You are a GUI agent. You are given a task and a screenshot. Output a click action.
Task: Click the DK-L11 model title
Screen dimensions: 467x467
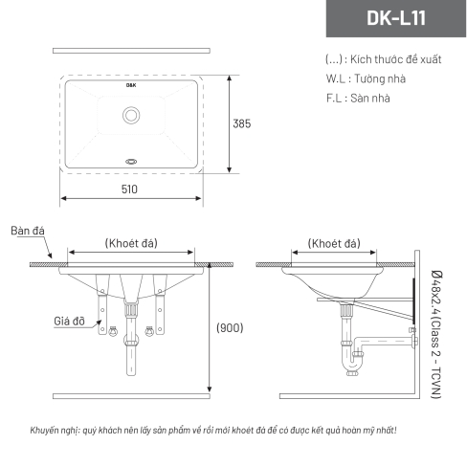pos(396,18)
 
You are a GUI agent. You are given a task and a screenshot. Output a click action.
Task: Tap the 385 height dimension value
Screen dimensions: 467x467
pos(242,123)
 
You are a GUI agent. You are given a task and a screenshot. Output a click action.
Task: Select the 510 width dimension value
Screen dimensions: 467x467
pos(129,189)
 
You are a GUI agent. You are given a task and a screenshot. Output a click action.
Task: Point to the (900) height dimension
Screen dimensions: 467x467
pos(230,328)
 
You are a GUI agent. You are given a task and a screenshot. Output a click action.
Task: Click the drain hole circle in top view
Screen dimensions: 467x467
pos(131,115)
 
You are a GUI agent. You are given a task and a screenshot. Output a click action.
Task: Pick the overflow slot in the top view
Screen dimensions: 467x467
pos(131,162)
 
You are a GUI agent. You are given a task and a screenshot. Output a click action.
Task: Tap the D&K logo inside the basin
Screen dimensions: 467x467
pos(131,85)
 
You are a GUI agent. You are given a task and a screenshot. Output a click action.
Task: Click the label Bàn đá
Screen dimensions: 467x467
pos(28,231)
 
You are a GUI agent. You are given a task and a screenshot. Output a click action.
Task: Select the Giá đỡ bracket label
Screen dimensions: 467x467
pos(69,321)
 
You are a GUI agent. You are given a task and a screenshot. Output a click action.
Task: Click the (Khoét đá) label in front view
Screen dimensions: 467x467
pos(131,243)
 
